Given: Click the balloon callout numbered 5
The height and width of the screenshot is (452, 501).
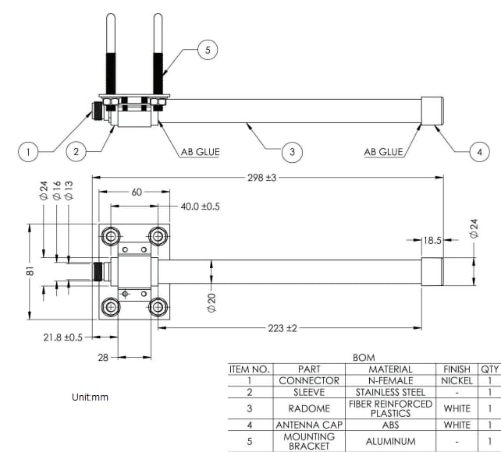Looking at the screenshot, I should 208,49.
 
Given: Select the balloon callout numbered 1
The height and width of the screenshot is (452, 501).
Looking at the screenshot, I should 28,152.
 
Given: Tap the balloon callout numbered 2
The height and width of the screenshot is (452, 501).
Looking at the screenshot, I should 76,152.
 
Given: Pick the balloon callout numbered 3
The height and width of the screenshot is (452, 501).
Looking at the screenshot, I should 291,152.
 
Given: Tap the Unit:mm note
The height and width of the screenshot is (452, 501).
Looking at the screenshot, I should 90,397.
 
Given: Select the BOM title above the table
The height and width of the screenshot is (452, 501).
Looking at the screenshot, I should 364,357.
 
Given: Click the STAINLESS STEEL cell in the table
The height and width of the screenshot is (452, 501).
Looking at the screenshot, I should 390,392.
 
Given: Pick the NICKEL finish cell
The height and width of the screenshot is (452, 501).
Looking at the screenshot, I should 457,380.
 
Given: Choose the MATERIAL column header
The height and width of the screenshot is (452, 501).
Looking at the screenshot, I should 390,369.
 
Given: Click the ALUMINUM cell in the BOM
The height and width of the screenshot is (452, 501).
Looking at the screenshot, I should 390,441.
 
